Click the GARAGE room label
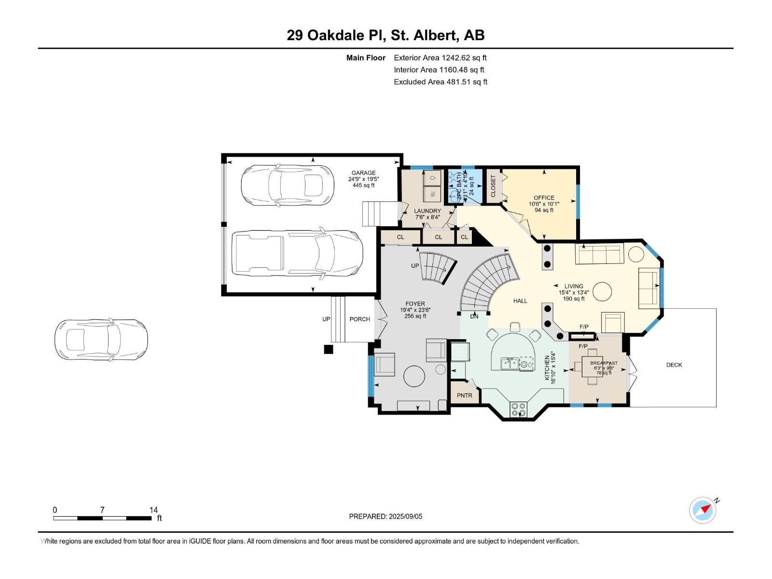pos(363,173)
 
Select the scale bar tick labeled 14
pos(153,510)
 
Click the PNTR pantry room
pos(465,395)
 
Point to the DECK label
pos(674,365)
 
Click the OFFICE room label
pos(544,198)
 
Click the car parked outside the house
pos(101,340)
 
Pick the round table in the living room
pos(602,291)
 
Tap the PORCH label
pos(359,319)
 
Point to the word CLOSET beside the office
pos(493,186)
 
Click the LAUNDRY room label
pos(427,211)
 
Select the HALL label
pos(520,301)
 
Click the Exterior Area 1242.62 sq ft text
pos(440,57)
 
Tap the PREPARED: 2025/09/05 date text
pos(386,516)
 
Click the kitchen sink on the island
pos(510,363)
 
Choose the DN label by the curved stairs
pos(474,316)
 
